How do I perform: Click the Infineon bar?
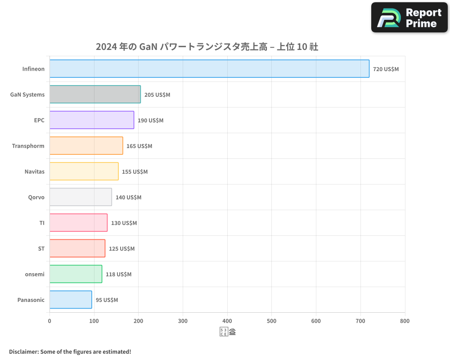[209, 69]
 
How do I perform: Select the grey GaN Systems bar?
[95, 94]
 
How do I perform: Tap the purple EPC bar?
[92, 120]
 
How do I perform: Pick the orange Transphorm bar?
[86, 146]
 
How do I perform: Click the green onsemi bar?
[76, 274]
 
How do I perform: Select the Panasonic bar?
[71, 300]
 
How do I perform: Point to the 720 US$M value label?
[386, 69]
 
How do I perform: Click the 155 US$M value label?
[135, 172]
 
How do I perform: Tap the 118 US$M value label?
[118, 274]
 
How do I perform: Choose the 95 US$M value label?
[107, 300]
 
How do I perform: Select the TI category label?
[42, 223]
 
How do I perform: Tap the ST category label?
[41, 249]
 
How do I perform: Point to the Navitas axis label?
[35, 172]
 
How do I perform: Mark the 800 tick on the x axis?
[405, 321]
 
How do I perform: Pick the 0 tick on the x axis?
[49, 321]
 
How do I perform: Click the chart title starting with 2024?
[207, 47]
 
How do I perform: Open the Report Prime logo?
[409, 18]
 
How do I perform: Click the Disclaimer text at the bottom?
[70, 351]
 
